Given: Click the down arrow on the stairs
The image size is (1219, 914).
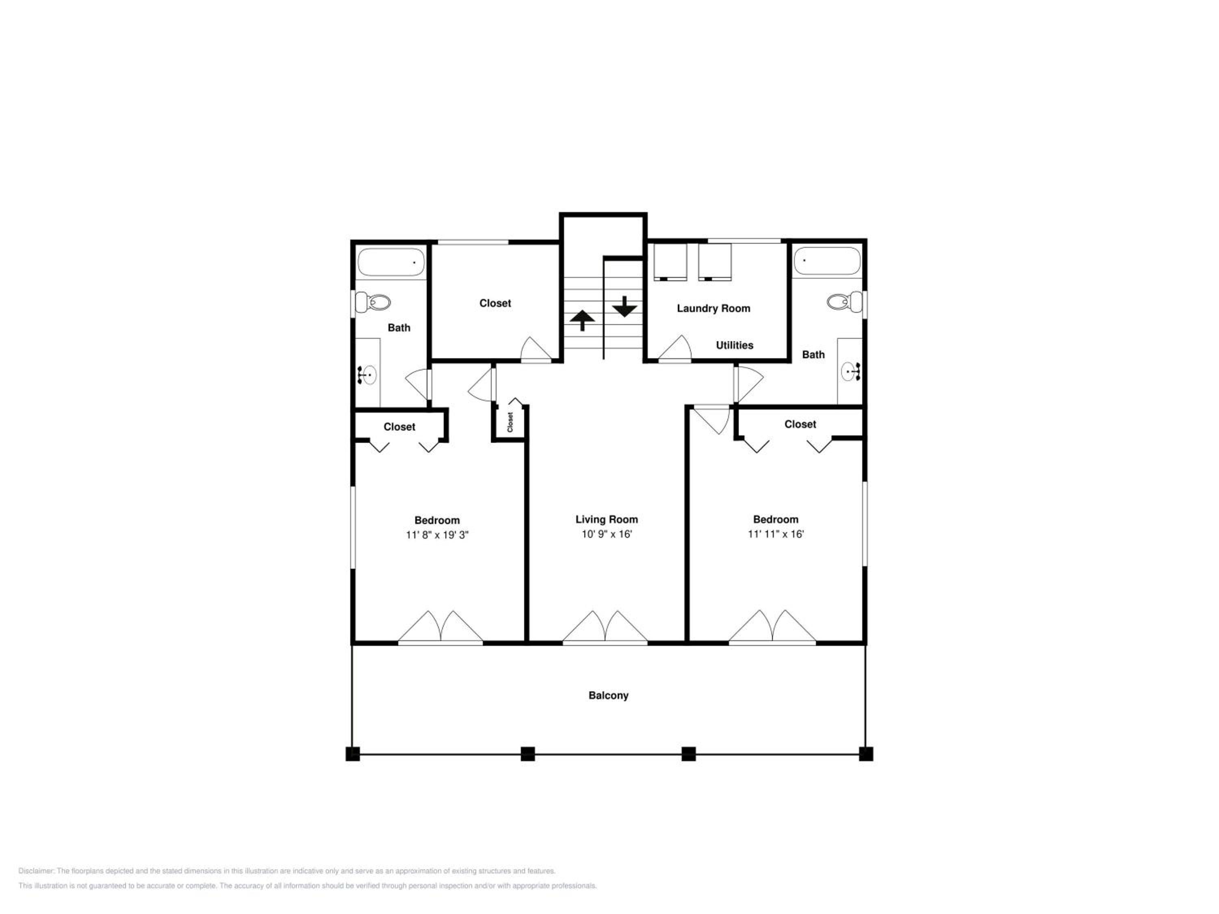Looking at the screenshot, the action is coord(625,306).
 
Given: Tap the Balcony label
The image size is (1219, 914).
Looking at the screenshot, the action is coord(608,695).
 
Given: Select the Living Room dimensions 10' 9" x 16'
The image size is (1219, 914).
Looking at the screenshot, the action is coord(606,534).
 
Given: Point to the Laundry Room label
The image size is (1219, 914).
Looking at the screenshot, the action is coord(714,308).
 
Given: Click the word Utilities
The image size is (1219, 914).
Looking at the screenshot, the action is coord(735,345).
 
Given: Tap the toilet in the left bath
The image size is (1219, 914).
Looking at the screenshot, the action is coord(373,302).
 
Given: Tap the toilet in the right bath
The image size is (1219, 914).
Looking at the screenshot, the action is coord(845,301).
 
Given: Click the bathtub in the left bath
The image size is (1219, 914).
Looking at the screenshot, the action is coord(391,263).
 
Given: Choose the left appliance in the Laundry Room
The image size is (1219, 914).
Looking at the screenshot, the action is coord(670,262).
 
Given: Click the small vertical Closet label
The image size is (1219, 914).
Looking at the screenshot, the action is coord(510,422).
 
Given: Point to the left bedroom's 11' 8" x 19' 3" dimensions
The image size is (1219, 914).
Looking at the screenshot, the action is coord(437,535).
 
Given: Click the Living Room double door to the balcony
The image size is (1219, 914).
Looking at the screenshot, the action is coord(605,628).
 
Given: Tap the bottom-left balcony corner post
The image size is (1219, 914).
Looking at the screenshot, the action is coord(353,754).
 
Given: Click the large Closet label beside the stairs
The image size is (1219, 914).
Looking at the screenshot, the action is coord(495,303).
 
